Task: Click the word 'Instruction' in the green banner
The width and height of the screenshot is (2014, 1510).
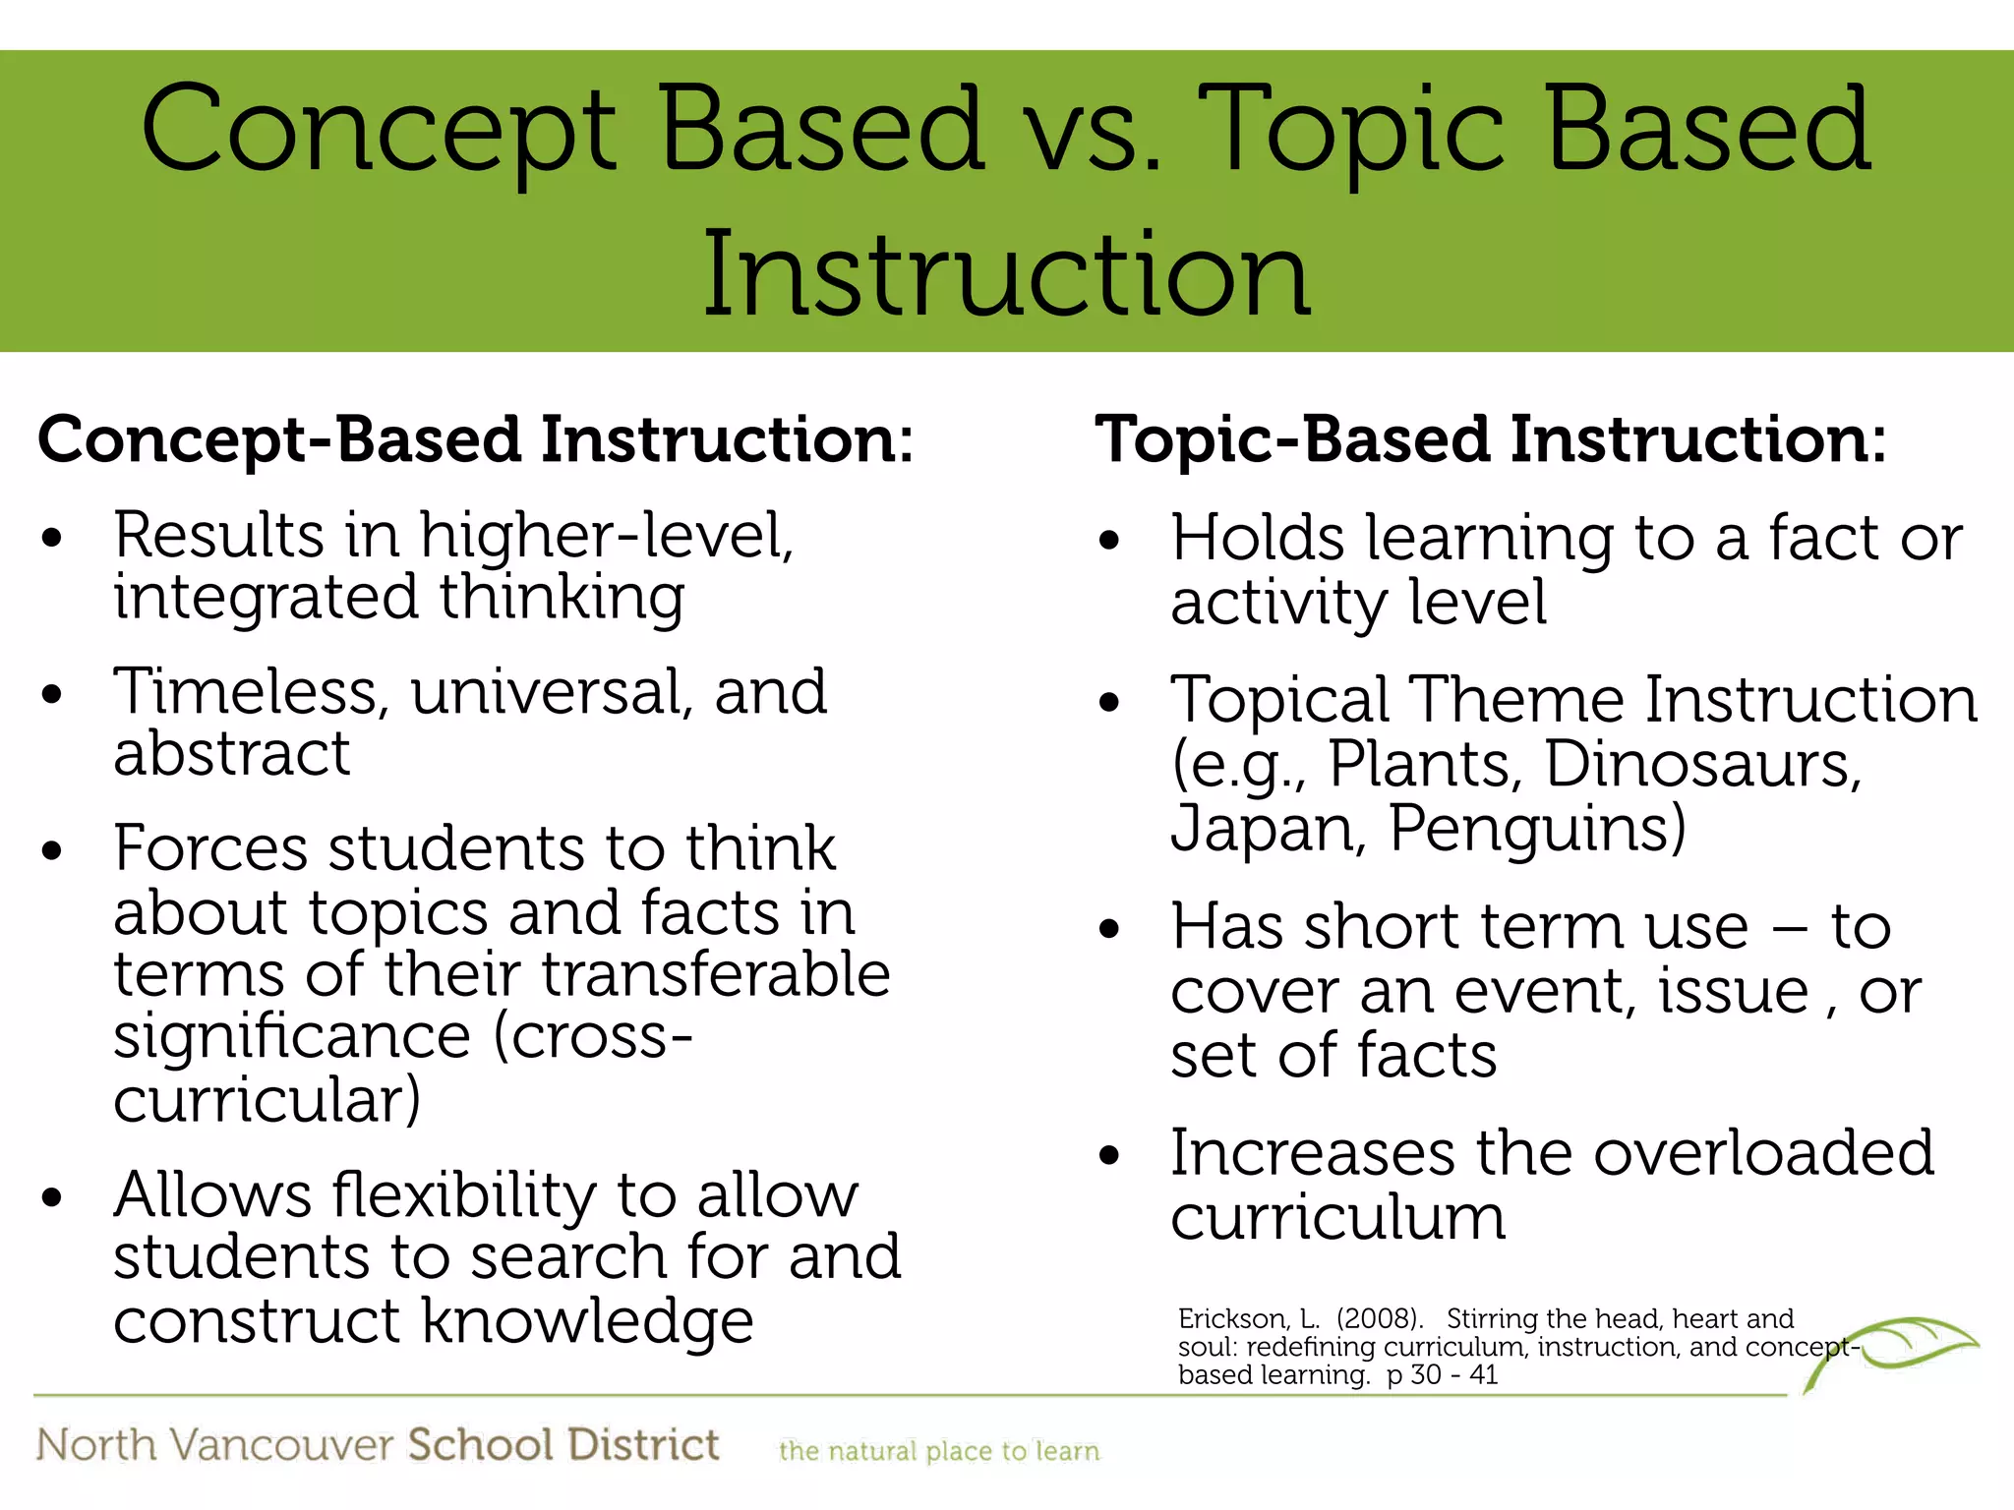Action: point(1006,275)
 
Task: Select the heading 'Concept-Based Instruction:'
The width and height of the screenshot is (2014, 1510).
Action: point(475,439)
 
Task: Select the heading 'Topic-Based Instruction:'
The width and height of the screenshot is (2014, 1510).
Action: point(1490,439)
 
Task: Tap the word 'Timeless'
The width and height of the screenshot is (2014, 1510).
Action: point(245,693)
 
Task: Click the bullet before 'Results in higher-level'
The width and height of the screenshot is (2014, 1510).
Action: point(52,540)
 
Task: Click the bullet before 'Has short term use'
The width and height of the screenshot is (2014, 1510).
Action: point(1109,930)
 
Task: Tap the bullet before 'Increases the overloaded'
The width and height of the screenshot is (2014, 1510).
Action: point(1109,1156)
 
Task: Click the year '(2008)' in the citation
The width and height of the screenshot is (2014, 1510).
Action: point(1379,1319)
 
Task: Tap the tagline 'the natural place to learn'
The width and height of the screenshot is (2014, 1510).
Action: point(938,1452)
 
